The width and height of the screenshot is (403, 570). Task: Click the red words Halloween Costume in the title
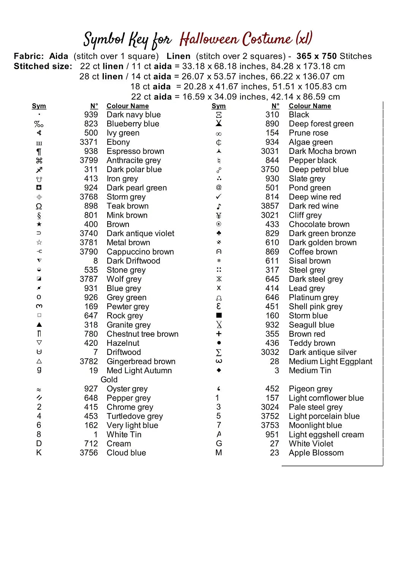(x=236, y=39)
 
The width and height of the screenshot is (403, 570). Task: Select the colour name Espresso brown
(x=135, y=151)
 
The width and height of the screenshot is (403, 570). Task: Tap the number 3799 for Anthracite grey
(x=89, y=160)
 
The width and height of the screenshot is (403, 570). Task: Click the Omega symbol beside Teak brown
(x=39, y=206)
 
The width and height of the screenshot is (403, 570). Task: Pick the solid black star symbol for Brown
(x=39, y=225)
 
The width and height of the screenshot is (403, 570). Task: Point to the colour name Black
(x=299, y=115)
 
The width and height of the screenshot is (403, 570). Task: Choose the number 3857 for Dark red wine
(x=270, y=206)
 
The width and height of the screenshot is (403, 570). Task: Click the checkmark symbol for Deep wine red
(x=219, y=197)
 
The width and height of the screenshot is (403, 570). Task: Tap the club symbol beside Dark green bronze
(x=219, y=233)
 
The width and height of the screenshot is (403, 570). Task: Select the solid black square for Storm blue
(x=219, y=315)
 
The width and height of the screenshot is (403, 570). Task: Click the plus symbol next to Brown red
(x=219, y=334)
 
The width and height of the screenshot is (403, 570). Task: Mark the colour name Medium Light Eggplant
(x=330, y=361)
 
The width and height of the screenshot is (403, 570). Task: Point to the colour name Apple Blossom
(x=316, y=453)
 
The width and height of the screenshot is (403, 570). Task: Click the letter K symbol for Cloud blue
(x=39, y=453)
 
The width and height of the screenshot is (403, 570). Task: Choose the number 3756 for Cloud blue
(x=89, y=453)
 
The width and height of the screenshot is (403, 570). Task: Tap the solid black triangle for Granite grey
(x=39, y=325)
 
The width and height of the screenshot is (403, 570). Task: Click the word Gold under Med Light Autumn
(x=109, y=380)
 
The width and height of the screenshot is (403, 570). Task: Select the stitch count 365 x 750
(x=317, y=56)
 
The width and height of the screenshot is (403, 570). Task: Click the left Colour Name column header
(x=127, y=106)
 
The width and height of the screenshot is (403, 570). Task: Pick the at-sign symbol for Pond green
(x=219, y=187)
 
